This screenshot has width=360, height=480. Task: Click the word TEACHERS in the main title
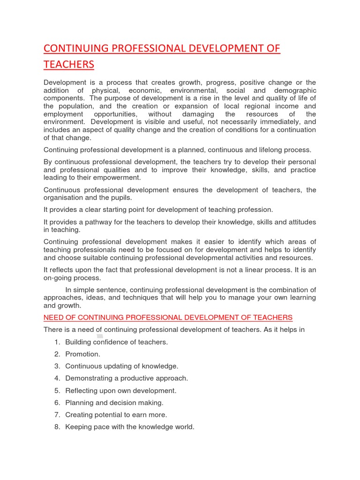click(69, 64)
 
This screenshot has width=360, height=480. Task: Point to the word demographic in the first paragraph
click(292, 90)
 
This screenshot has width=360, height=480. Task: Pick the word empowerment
click(117, 178)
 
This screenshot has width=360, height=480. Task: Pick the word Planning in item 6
click(79, 403)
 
